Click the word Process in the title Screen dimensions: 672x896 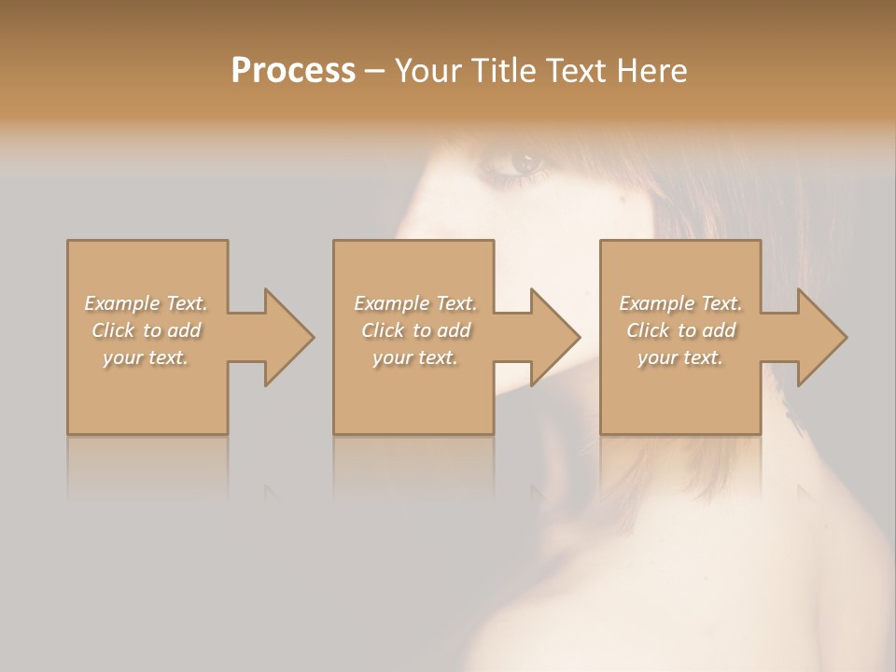pyautogui.click(x=293, y=71)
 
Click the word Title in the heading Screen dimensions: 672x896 pyautogui.click(x=501, y=71)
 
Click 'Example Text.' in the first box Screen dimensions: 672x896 pyautogui.click(x=146, y=303)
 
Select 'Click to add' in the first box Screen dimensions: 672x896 pyautogui.click(x=147, y=330)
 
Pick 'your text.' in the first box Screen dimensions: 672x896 pyautogui.click(x=146, y=357)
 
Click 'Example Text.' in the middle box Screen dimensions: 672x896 pyautogui.click(x=415, y=303)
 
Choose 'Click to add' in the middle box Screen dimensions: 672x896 pyautogui.click(x=415, y=330)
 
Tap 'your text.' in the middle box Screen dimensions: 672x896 pyautogui.click(x=415, y=357)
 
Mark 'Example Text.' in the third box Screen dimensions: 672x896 pyautogui.click(x=680, y=303)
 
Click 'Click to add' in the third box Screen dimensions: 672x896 pyautogui.click(x=680, y=330)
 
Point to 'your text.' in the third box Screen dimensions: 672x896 pyautogui.click(x=680, y=357)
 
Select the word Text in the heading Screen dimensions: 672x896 pyautogui.click(x=574, y=71)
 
